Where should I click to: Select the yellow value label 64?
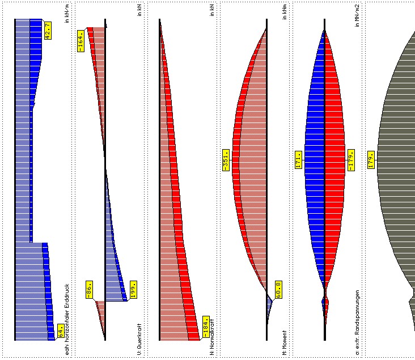pos(60,330)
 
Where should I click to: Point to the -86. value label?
pos(90,290)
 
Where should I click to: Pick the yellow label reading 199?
pos(133,290)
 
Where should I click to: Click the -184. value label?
pos(206,327)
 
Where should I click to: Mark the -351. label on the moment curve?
pos(226,160)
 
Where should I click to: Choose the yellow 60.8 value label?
pos(278,290)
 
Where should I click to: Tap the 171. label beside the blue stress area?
pos(298,159)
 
